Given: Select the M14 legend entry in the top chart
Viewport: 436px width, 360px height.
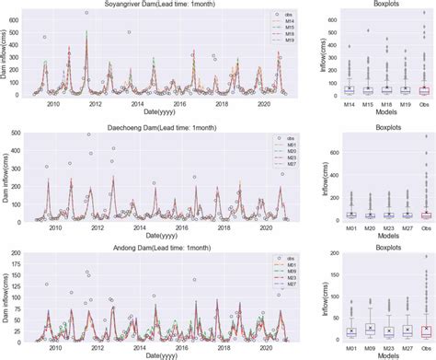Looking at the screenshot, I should (282, 23).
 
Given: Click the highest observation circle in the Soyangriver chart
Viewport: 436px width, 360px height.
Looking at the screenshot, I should (86, 13).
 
